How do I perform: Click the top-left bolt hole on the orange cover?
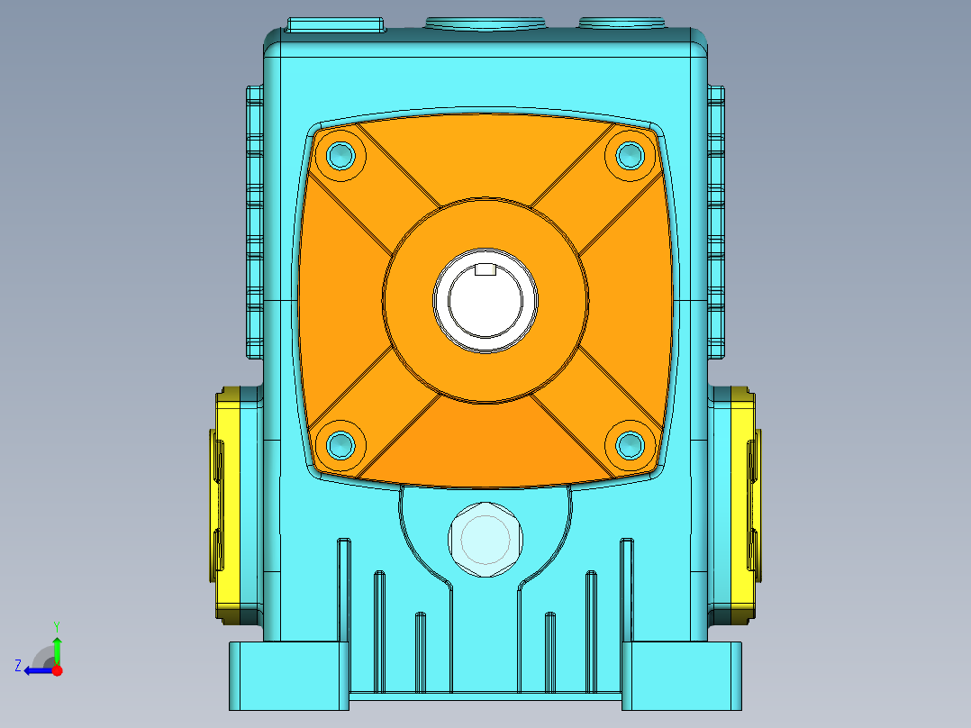pyautogui.click(x=340, y=155)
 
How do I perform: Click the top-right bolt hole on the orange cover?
pyautogui.click(x=631, y=155)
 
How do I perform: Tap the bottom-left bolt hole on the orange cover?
pyautogui.click(x=340, y=444)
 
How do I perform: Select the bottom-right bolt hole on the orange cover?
pyautogui.click(x=631, y=444)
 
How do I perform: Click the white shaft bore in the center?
pyautogui.click(x=485, y=302)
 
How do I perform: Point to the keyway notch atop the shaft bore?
pyautogui.click(x=485, y=268)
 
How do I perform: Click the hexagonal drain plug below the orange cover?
pyautogui.click(x=485, y=540)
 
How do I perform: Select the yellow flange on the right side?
pyautogui.click(x=745, y=505)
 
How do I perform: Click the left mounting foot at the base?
pyautogui.click(x=289, y=676)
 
